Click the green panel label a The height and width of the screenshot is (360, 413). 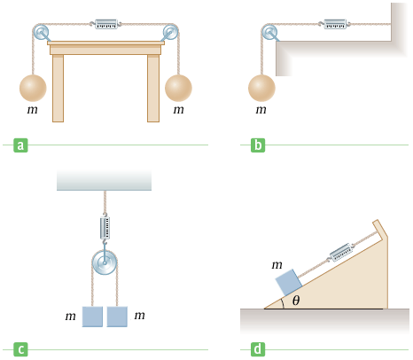point(20,145)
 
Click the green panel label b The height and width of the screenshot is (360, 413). point(258,145)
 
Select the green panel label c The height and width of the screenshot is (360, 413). point(20,349)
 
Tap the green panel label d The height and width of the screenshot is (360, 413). point(258,349)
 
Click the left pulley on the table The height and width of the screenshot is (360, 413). point(41,33)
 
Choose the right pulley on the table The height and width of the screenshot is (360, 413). point(171,33)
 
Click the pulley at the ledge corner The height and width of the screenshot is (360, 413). point(268,34)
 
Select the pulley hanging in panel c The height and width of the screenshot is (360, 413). point(105,263)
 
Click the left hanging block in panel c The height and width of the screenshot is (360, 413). point(92,317)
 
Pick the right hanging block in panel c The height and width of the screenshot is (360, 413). point(117,317)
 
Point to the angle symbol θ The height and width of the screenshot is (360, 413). point(297,301)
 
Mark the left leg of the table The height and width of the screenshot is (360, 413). point(58,88)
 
